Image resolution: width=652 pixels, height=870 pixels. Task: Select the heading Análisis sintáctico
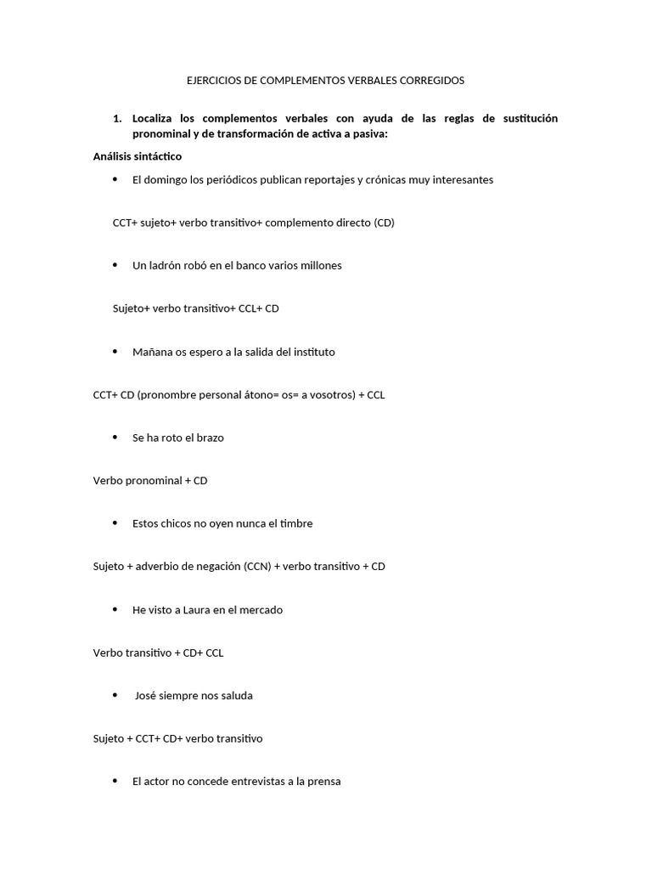click(x=138, y=156)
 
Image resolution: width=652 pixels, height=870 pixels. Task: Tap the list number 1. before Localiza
click(x=117, y=118)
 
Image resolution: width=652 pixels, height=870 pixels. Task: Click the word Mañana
click(x=151, y=352)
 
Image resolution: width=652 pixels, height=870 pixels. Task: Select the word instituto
click(x=312, y=352)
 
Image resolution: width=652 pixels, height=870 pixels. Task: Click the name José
click(x=147, y=696)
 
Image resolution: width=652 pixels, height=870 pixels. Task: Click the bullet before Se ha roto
click(x=115, y=438)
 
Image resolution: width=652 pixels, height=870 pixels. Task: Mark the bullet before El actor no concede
click(x=115, y=782)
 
